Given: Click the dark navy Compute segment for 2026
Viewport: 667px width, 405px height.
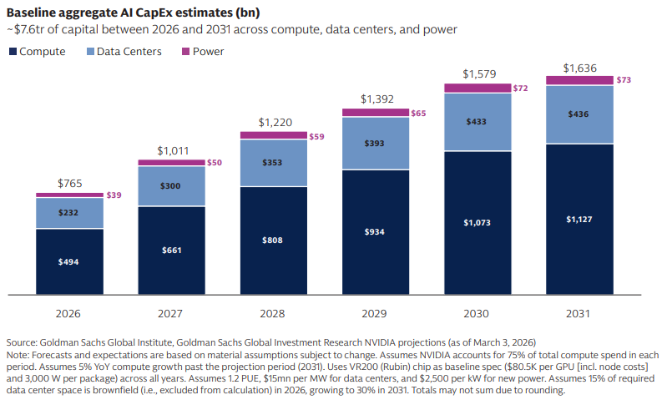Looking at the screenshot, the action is click(x=69, y=261).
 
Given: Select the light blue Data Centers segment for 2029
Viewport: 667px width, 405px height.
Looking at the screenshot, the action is click(x=376, y=144).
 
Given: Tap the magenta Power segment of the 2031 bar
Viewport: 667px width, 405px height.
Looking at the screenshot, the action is click(x=580, y=80).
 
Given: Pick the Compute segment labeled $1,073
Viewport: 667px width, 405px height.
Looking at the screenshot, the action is click(x=478, y=223).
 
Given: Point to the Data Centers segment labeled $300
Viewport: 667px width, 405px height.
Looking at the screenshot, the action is click(x=171, y=186).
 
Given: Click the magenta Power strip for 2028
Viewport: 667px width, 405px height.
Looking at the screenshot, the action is click(x=274, y=135).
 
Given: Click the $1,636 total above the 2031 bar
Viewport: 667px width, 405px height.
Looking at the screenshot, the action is click(x=580, y=68).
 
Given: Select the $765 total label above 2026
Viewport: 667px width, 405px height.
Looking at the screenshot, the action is click(x=70, y=184).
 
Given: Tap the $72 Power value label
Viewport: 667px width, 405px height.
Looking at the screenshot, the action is click(x=520, y=88).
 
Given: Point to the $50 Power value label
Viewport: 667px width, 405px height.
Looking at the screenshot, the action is click(x=215, y=163).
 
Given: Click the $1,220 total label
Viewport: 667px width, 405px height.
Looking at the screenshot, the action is click(x=275, y=123).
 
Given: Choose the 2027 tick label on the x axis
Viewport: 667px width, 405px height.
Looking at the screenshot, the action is click(x=170, y=313).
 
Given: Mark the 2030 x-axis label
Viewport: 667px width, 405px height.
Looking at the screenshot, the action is click(x=476, y=313).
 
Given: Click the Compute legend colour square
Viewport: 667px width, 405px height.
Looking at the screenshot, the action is click(x=13, y=52).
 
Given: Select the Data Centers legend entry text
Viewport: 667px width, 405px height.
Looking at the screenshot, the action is click(x=129, y=52).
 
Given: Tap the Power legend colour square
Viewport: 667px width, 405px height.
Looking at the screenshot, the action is click(x=185, y=52).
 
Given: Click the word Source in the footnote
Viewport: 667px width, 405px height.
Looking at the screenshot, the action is click(x=21, y=342).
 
